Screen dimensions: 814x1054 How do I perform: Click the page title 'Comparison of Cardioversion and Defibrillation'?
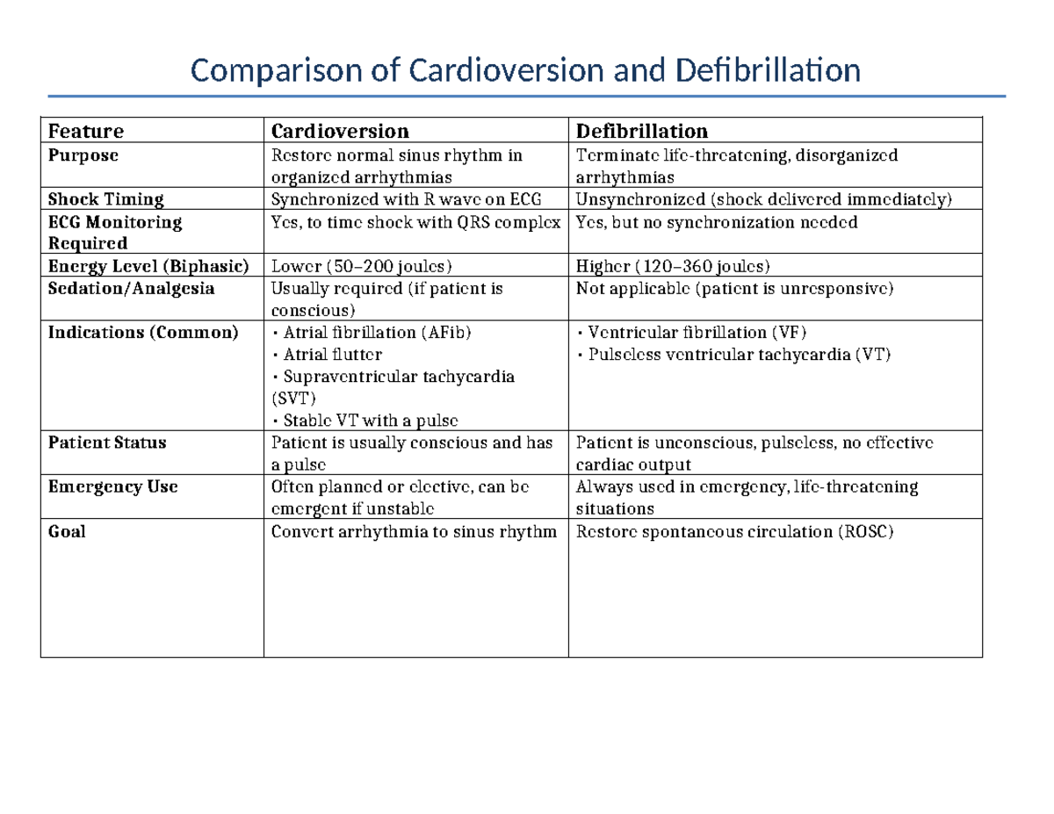pyautogui.click(x=526, y=69)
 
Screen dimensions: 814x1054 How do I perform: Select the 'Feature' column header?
pyautogui.click(x=86, y=132)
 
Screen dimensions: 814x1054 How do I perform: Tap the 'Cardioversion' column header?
pyautogui.click(x=340, y=132)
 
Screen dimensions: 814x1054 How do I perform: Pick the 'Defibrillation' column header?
pyautogui.click(x=641, y=132)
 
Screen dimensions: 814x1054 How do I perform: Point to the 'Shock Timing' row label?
pyautogui.click(x=105, y=199)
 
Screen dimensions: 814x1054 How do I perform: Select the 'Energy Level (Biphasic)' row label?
pyautogui.click(x=148, y=266)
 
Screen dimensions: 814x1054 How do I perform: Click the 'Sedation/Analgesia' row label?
pyautogui.click(x=131, y=288)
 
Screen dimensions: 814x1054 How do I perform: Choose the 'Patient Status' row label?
pyautogui.click(x=107, y=443)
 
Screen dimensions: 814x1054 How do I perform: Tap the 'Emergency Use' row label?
pyautogui.click(x=112, y=486)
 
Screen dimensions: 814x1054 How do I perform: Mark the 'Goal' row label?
pyautogui.click(x=67, y=531)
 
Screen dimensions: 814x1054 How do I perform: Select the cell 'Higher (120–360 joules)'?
pyautogui.click(x=673, y=266)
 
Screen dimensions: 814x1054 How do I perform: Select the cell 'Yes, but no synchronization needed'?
pyautogui.click(x=716, y=222)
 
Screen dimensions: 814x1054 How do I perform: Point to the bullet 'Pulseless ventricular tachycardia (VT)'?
pyautogui.click(x=738, y=355)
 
